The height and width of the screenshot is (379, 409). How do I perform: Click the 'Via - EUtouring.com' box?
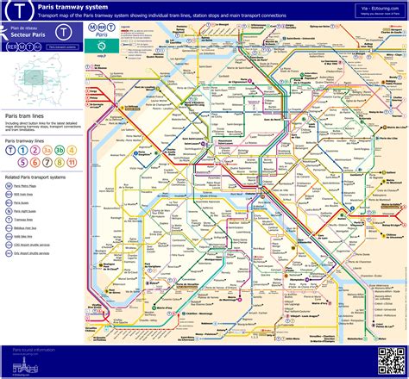click(376, 10)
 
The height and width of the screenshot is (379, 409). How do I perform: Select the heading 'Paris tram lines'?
click(25, 115)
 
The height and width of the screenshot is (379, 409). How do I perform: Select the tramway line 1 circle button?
click(10, 149)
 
